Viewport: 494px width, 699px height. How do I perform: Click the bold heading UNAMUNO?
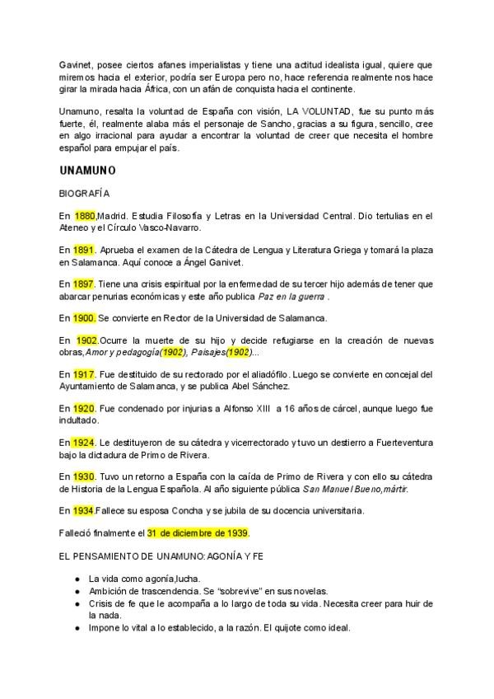point(88,171)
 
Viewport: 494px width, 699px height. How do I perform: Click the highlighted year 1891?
point(84,250)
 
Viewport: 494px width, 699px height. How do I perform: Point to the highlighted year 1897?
point(84,284)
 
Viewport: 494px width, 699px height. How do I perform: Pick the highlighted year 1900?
point(85,317)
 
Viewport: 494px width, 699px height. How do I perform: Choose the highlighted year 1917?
point(84,373)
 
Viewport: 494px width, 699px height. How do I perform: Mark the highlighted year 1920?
point(84,407)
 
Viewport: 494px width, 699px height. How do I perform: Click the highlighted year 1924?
point(84,442)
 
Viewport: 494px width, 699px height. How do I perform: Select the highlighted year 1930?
point(84,476)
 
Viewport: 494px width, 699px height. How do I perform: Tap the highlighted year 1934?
point(83,510)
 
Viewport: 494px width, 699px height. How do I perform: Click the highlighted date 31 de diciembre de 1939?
point(198,533)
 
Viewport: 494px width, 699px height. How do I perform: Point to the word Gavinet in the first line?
point(76,64)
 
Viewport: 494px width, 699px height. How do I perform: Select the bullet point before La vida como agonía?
point(77,579)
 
